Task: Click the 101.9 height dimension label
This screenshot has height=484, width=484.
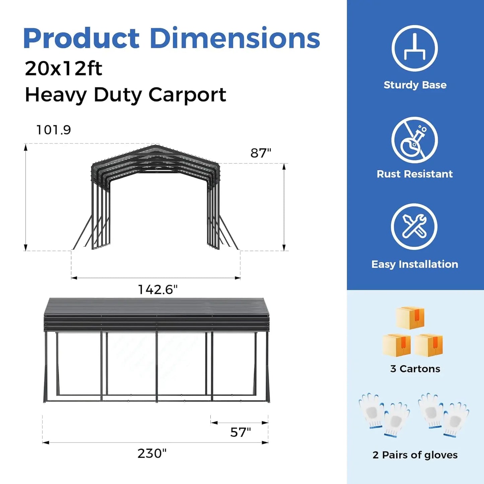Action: tap(54, 130)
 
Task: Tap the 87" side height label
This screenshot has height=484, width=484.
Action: tap(261, 153)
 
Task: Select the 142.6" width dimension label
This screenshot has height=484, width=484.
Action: tap(158, 289)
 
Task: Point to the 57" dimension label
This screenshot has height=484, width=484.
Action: tap(240, 432)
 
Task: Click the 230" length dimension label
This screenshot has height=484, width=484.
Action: tap(152, 453)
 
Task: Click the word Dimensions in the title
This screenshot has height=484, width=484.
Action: tap(235, 39)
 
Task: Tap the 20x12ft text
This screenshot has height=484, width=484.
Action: tap(63, 69)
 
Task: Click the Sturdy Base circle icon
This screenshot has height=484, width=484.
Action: tap(415, 48)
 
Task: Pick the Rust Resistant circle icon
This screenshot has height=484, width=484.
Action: tap(415, 140)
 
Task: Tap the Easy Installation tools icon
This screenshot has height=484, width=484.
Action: tap(414, 226)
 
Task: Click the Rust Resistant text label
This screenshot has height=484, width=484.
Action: tap(415, 174)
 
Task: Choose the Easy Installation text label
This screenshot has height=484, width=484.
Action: tap(415, 264)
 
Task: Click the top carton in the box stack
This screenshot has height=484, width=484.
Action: tap(410, 318)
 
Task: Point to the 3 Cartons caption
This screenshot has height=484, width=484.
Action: tap(415, 369)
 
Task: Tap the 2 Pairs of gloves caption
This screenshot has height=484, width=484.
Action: tap(415, 455)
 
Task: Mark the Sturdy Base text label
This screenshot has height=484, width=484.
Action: tap(415, 85)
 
